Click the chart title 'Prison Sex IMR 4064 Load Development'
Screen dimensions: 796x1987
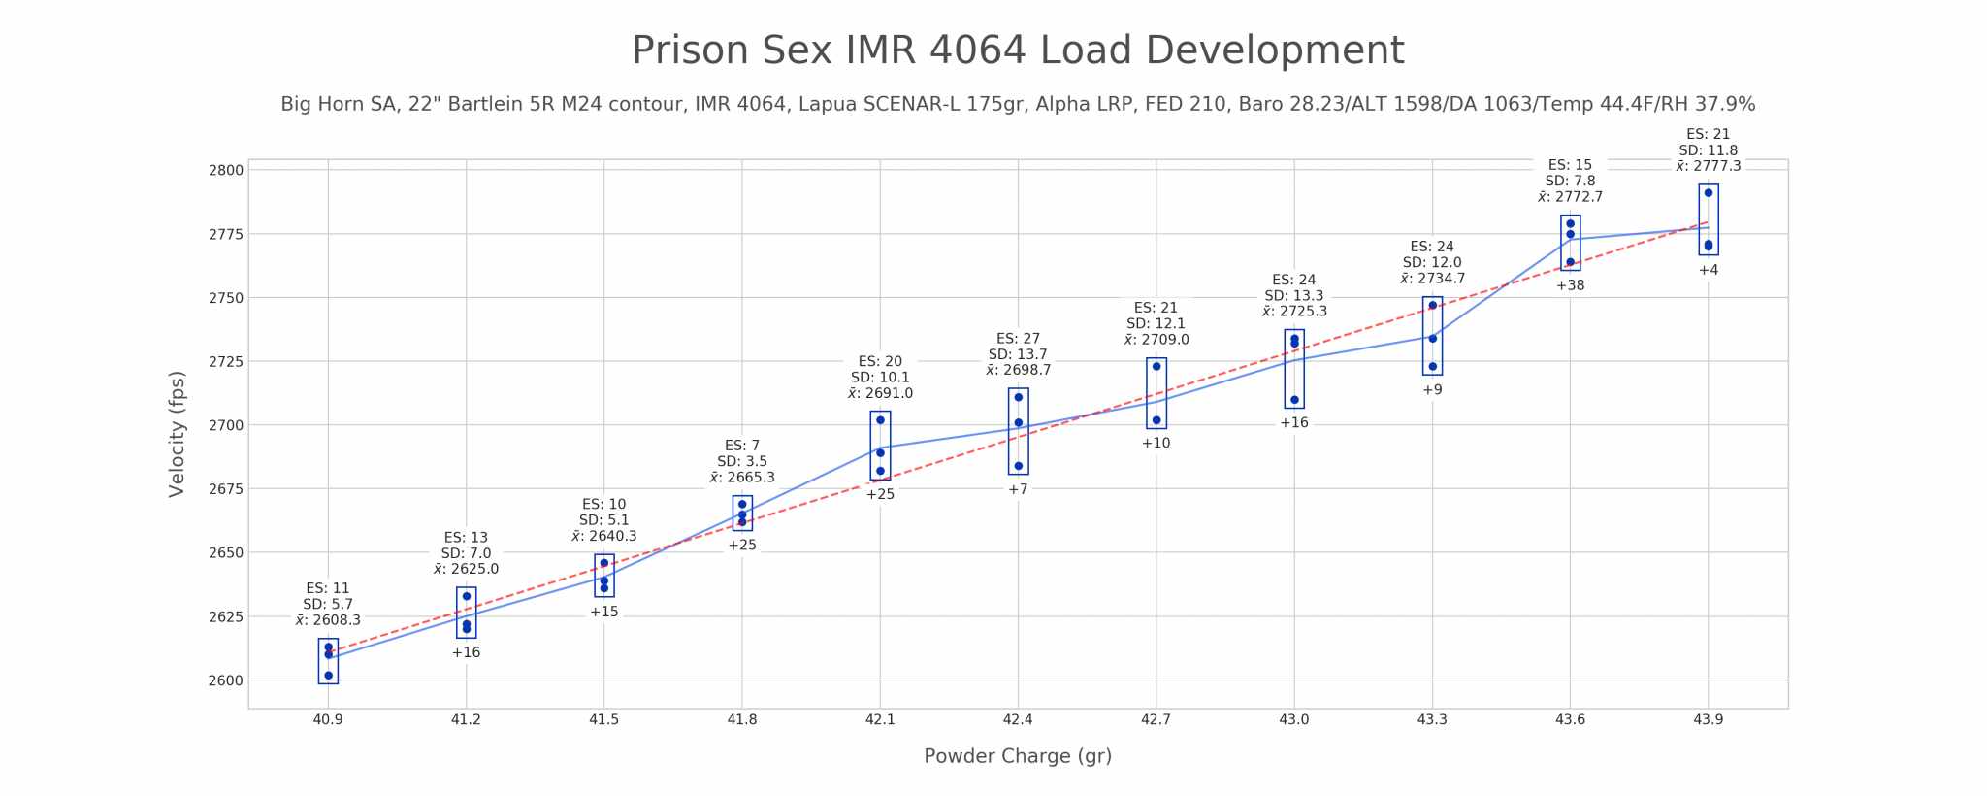1018,50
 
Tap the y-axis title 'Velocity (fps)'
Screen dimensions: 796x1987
177,433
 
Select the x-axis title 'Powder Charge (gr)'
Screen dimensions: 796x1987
1018,756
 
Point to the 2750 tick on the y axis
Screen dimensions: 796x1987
231,298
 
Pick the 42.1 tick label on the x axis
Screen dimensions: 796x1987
880,720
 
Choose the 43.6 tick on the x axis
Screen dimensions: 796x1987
1570,720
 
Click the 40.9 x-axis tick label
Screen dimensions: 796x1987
328,720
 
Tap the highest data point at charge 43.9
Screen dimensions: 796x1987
1709,192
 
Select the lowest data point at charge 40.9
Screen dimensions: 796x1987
328,676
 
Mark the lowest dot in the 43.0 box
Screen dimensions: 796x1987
1294,400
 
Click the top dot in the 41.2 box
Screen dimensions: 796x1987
467,596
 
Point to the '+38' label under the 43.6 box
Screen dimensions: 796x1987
1570,285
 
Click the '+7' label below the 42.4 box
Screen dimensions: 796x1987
1018,489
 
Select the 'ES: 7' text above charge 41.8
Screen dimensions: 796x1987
742,446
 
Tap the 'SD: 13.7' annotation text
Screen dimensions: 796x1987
1018,354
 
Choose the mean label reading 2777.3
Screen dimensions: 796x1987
1709,166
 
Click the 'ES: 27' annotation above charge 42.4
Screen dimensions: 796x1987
1018,339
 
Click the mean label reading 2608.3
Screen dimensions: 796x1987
328,620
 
